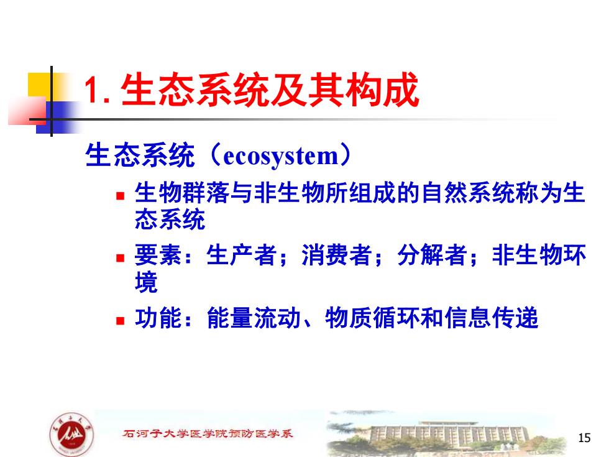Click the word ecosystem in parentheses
click(281, 156)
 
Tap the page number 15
click(584, 438)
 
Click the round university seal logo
click(72, 435)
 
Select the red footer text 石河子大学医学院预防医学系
click(208, 433)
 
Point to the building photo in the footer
click(442, 433)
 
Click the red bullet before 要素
click(121, 257)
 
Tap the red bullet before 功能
click(121, 321)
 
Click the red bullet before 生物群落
click(121, 195)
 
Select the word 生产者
click(242, 256)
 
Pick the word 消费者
click(337, 256)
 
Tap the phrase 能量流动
click(254, 318)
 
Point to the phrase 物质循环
click(373, 318)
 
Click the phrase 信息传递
click(492, 318)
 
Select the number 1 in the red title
click(91, 91)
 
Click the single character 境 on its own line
click(147, 282)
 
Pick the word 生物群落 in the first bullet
click(182, 193)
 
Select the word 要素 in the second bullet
click(158, 256)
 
